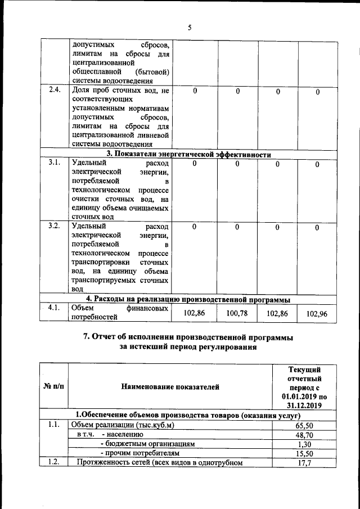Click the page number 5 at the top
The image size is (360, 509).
190,27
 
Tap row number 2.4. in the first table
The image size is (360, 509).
55,91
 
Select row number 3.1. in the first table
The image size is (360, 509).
55,163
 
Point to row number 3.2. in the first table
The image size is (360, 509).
55,226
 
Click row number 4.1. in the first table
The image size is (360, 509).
55,308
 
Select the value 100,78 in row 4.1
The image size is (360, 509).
237,313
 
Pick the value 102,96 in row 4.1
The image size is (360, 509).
317,313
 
